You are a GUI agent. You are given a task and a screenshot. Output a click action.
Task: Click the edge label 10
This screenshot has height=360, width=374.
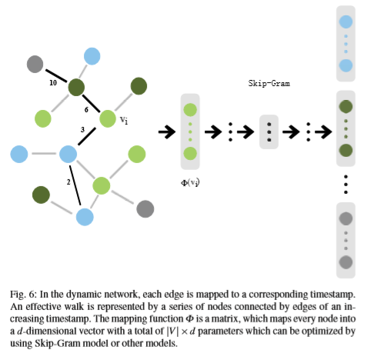point(53,83)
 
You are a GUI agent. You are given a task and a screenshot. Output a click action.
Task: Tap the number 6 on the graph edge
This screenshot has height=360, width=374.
point(86,110)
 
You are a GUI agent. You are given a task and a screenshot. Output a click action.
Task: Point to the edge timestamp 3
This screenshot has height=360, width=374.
point(82,130)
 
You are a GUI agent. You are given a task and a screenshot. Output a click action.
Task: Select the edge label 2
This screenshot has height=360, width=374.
point(68,182)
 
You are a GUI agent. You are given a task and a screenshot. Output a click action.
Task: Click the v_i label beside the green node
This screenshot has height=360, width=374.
point(124,120)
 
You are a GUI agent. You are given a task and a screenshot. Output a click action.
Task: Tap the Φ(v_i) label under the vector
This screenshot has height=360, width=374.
point(190,183)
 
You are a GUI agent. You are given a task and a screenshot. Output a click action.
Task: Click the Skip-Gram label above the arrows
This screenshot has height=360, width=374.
point(269,83)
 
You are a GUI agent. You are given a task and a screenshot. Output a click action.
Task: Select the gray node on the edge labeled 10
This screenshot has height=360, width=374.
point(35,64)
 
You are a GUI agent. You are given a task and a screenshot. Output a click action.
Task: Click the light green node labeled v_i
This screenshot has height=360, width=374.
point(108,118)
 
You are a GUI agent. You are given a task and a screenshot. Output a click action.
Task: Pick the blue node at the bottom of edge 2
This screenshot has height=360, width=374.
point(85,217)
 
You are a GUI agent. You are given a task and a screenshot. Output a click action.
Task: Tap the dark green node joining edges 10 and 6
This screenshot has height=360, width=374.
point(76,88)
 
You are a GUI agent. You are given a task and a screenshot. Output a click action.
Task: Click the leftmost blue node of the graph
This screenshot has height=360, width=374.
point(19,154)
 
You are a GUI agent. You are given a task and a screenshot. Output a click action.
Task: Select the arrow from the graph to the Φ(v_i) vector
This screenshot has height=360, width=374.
point(167,132)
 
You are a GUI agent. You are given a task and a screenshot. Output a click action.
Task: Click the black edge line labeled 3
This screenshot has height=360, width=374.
point(87,137)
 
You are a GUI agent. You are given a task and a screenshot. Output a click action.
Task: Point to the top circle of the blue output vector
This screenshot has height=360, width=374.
point(346,22)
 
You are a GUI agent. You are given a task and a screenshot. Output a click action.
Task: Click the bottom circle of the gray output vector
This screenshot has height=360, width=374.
point(346,262)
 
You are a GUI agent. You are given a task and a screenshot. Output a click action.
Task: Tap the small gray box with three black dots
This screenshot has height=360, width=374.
point(269,132)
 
